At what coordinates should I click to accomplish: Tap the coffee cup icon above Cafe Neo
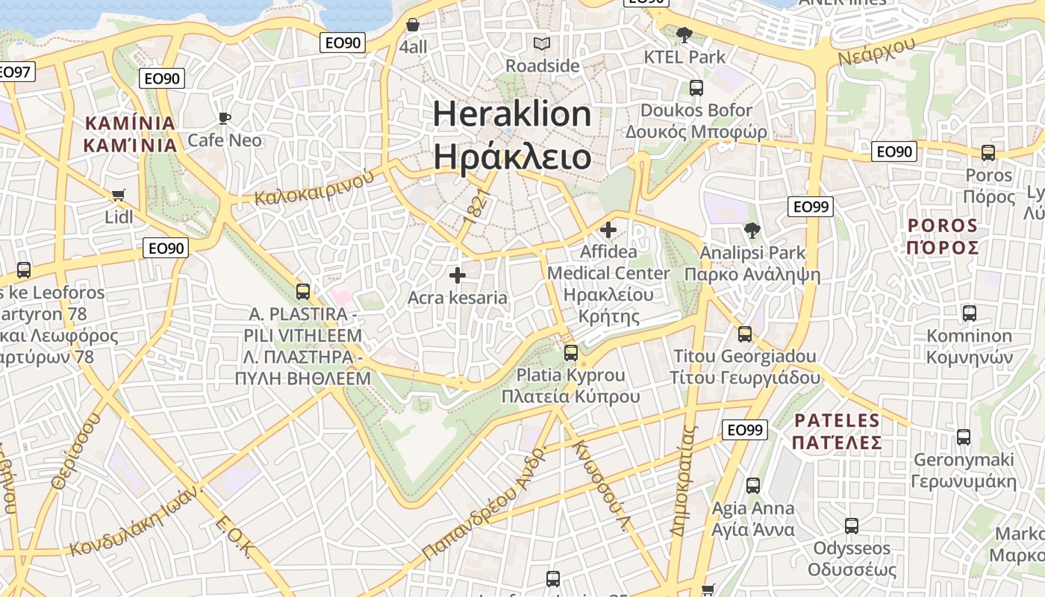(x=224, y=118)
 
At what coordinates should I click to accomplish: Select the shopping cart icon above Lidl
(x=118, y=196)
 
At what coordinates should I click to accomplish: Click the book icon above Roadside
(x=542, y=44)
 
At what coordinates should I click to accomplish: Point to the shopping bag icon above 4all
(x=413, y=25)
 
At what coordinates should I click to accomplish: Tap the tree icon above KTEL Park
(x=684, y=34)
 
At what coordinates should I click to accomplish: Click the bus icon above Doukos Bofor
(x=696, y=88)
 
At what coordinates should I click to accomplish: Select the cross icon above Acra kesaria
(x=458, y=276)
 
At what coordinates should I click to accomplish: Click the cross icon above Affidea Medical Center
(x=608, y=230)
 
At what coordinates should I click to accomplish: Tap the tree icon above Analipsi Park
(x=752, y=231)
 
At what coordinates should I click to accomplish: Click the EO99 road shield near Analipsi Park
(x=811, y=207)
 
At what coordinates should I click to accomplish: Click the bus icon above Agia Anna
(x=753, y=486)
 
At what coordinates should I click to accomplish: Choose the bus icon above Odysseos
(x=852, y=526)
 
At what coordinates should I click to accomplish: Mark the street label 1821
(x=476, y=205)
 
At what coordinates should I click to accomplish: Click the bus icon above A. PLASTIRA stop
(x=303, y=292)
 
